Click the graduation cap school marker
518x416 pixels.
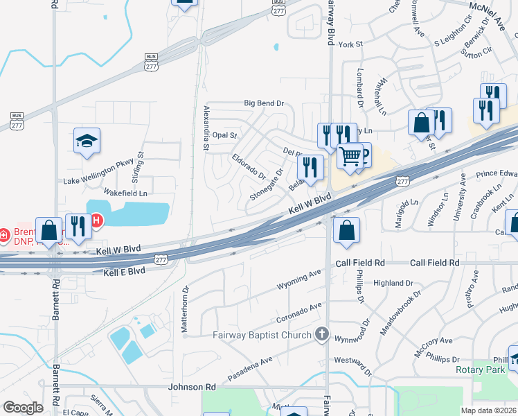coord(87,141)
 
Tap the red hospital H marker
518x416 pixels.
coord(97,221)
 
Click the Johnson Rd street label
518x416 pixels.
coord(192,386)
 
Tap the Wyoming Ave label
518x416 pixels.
coord(299,284)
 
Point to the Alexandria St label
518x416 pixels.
coord(205,128)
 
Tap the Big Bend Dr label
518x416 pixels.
coord(264,103)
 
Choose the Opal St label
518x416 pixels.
coord(225,135)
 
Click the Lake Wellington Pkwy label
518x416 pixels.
coord(98,182)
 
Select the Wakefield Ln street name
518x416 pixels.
coord(125,193)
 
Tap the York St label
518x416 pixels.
coord(351,44)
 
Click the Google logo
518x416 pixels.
coord(23,408)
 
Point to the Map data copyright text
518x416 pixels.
coord(488,410)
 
